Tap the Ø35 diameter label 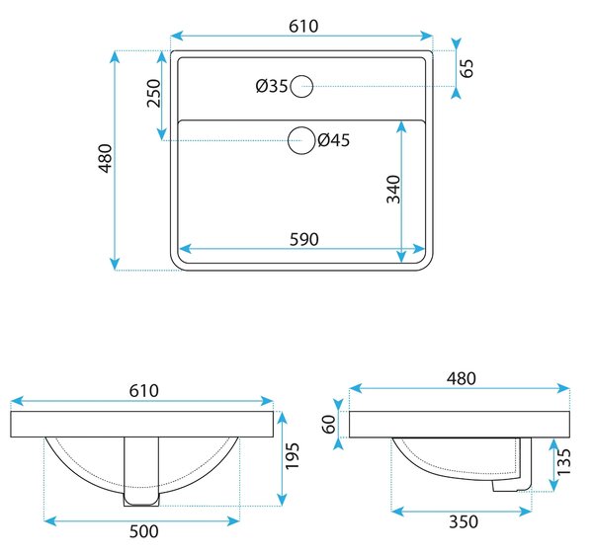[x=272, y=86]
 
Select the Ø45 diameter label [x=334, y=140]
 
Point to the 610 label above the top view [x=303, y=26]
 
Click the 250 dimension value [x=154, y=94]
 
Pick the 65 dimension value [x=467, y=68]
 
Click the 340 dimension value [x=393, y=189]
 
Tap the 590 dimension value [x=304, y=239]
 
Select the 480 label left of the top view [x=106, y=158]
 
